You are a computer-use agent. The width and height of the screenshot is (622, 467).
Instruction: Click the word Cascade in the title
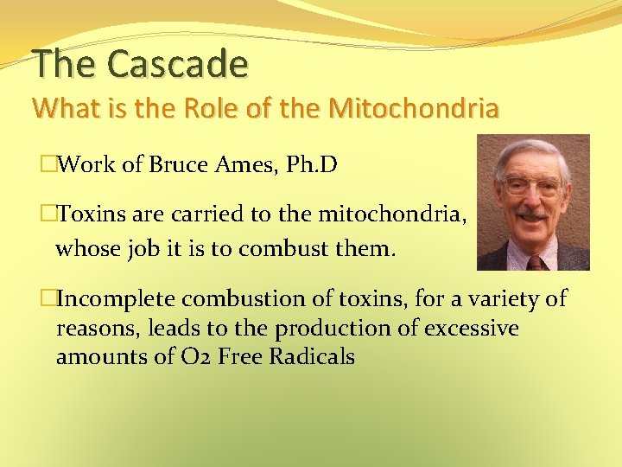point(178,64)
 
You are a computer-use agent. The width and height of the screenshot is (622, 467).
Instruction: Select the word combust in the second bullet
point(282,250)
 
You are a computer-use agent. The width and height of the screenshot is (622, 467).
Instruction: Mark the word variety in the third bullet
point(499,299)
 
